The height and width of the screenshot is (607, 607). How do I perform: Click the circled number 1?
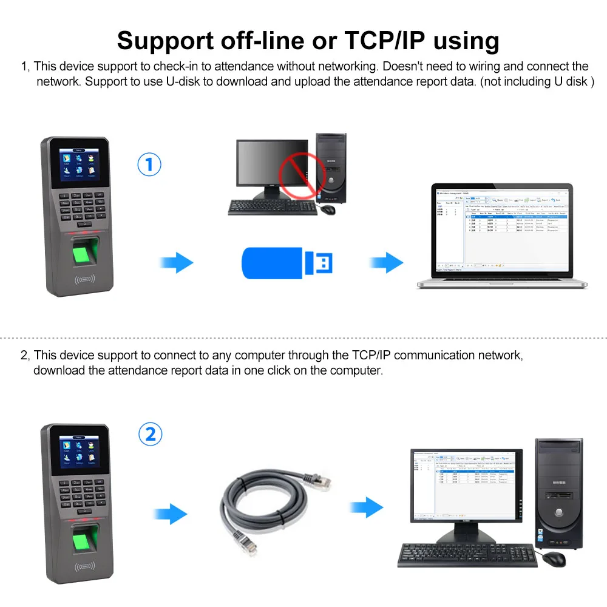click(x=149, y=164)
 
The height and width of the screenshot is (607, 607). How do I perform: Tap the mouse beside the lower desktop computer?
click(x=554, y=558)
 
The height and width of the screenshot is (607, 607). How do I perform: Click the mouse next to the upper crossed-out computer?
click(x=328, y=208)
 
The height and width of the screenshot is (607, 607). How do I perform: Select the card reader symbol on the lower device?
click(x=85, y=568)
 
